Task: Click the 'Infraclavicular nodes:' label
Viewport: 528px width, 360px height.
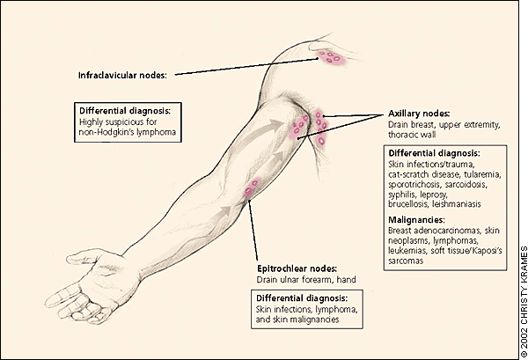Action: tap(122, 75)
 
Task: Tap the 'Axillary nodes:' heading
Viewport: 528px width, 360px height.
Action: tap(419, 114)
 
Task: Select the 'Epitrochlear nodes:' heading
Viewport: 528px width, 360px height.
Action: tap(297, 268)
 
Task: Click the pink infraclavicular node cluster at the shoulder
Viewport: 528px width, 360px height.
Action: tap(330, 57)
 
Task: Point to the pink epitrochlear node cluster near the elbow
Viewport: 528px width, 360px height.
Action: tap(252, 187)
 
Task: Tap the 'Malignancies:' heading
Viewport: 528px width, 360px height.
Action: tap(416, 220)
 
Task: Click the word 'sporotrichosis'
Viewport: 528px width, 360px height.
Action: tap(414, 185)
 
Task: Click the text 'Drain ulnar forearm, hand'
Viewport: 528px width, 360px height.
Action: tap(306, 280)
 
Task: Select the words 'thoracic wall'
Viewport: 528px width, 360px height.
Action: tap(412, 135)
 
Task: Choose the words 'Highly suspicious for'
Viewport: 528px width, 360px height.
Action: tap(118, 121)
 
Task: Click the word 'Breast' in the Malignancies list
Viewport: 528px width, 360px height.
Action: tap(400, 231)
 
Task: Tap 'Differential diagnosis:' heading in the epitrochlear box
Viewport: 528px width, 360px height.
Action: tap(302, 298)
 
